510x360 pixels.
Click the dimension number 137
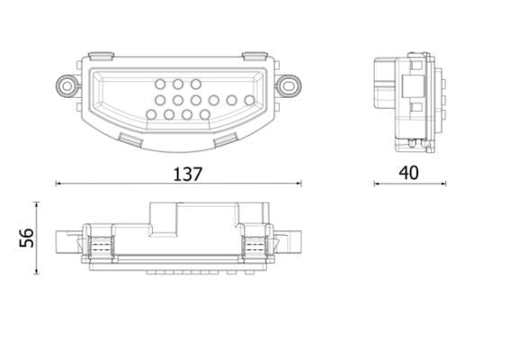188,173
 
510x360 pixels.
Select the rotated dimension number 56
27,238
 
